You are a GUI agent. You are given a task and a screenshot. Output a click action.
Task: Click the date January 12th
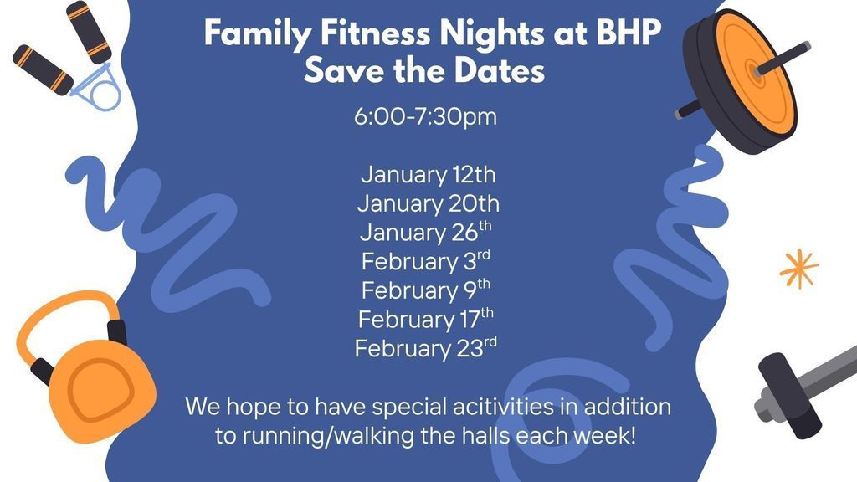click(428, 175)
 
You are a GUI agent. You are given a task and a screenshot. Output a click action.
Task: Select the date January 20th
click(428, 203)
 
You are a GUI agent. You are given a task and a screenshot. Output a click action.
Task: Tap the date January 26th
click(425, 232)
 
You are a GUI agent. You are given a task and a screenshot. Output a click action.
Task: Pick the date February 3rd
click(425, 261)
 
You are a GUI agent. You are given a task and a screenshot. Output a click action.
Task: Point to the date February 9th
click(425, 290)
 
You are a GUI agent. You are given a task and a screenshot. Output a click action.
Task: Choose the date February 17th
click(425, 319)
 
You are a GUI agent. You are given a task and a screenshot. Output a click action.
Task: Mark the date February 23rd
click(425, 347)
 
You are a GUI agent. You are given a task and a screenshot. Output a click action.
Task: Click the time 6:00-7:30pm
click(425, 116)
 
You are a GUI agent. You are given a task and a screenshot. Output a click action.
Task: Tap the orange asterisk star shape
click(798, 269)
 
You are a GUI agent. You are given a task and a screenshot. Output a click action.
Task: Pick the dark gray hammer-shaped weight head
click(788, 393)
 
